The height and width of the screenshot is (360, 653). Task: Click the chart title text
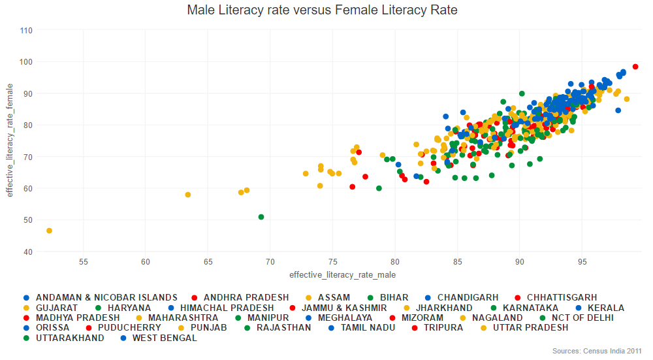(322, 10)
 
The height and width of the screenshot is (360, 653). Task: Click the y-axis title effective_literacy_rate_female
(10, 140)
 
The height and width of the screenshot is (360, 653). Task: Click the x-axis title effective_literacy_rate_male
(342, 274)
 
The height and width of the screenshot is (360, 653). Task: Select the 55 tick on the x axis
(84, 262)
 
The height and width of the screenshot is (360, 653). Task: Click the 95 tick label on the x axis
(582, 262)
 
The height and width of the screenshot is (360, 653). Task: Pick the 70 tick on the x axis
(270, 262)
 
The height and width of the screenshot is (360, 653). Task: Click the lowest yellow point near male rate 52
(49, 231)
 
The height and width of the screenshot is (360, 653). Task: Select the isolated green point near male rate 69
(261, 217)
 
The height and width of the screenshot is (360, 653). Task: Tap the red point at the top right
(635, 67)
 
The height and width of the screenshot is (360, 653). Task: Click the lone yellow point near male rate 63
(188, 195)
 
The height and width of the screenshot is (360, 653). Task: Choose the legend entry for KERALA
(602, 308)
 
